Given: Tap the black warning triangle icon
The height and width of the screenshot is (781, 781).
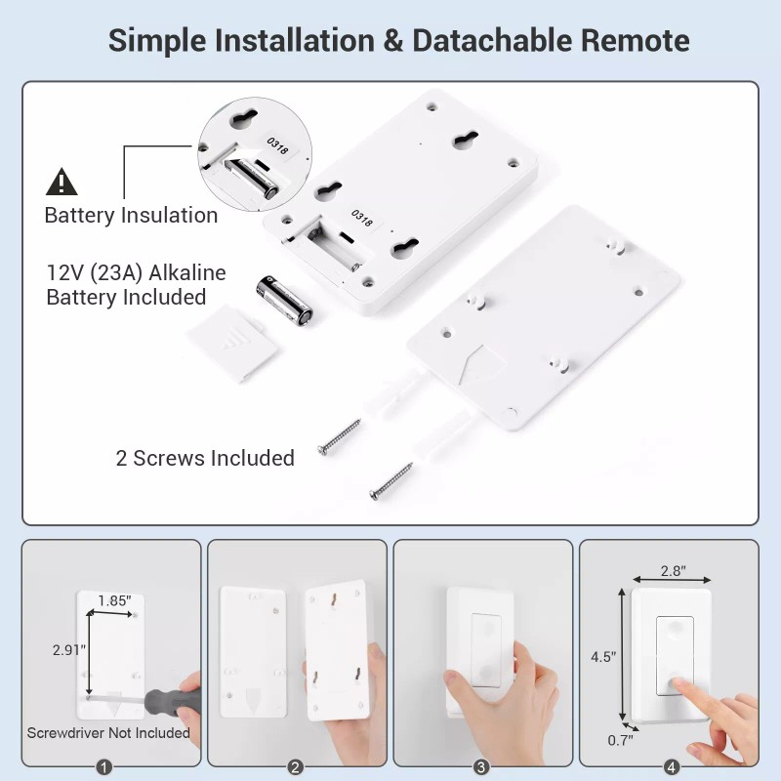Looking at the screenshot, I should point(62,182).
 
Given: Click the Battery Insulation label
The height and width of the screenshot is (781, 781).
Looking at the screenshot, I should point(131,216).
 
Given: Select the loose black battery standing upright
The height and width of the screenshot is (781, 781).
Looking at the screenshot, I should point(284,299).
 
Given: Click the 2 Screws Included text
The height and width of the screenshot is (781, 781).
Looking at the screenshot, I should point(205,458).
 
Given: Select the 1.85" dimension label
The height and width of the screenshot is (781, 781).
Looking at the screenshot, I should point(113,601).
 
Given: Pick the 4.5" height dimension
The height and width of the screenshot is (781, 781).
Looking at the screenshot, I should point(602,657).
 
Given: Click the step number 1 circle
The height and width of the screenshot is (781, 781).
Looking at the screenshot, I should point(105,766).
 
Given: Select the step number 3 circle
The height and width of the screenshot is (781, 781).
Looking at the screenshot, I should point(480,766).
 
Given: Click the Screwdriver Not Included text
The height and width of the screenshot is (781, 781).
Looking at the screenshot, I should point(108,732).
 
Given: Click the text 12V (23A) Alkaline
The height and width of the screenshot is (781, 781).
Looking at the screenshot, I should point(136,272).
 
